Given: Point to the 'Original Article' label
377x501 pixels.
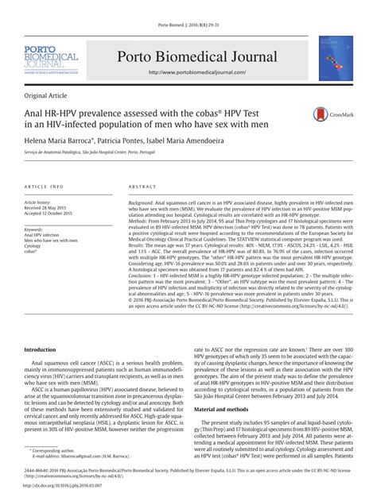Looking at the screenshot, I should tap(48, 94).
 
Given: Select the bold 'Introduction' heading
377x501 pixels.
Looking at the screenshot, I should tap(41, 349).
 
